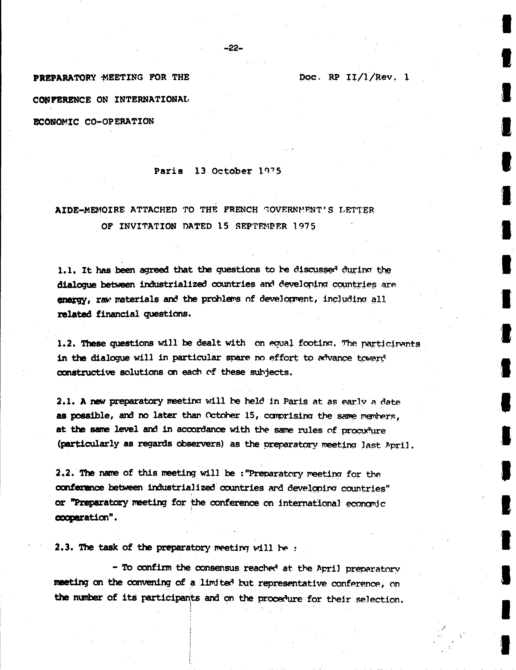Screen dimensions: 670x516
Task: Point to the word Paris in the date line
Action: (x=168, y=171)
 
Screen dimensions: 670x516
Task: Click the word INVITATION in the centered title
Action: (x=148, y=226)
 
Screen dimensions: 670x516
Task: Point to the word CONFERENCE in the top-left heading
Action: (x=62, y=100)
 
